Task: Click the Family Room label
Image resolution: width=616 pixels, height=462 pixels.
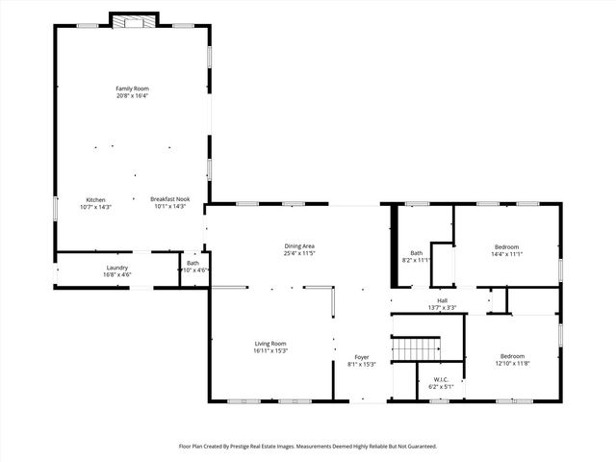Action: (132, 89)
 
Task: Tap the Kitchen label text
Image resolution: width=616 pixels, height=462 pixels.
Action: (96, 199)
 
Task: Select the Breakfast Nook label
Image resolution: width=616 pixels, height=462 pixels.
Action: (169, 199)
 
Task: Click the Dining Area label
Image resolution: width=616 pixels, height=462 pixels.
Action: (299, 246)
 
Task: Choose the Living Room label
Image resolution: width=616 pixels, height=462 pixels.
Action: (270, 344)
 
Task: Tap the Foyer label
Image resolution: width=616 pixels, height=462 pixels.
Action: (361, 357)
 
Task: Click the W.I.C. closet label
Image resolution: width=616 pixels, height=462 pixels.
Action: (441, 379)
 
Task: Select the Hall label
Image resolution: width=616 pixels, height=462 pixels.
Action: (443, 300)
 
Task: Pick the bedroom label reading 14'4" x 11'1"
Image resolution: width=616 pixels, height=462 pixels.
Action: (507, 254)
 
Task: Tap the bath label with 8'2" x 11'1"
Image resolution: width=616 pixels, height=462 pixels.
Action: (417, 260)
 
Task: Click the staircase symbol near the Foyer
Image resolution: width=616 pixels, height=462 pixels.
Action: (416, 346)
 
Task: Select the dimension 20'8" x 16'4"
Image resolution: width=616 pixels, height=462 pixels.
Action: (132, 96)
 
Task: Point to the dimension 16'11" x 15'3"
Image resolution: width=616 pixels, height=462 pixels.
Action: (270, 351)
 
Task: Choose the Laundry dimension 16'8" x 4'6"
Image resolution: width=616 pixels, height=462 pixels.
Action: (116, 274)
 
